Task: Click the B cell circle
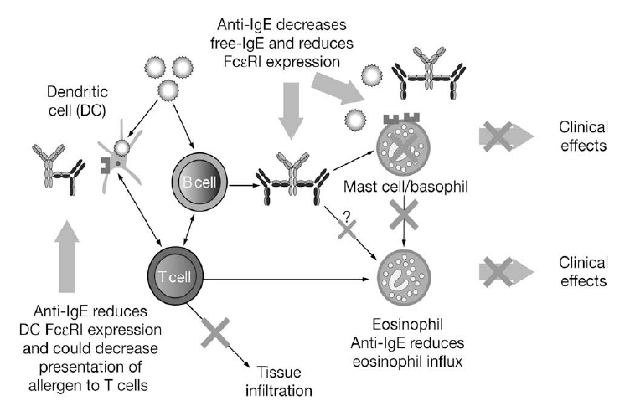pos(199,182)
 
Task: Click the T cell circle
pos(175,276)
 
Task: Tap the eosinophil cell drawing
pos(404,277)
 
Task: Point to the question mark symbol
pos(347,216)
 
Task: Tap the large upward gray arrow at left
pos(67,256)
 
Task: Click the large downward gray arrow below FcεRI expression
pos(291,110)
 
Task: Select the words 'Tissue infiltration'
pos(279,381)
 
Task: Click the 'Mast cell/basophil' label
pos(405,187)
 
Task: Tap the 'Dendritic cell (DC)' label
pos(77,100)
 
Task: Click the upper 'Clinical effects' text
pos(583,136)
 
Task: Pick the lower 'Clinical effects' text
pos(583,271)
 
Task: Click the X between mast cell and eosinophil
pos(404,215)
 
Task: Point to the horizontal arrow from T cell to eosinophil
pos(286,279)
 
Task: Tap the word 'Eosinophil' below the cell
pos(407,325)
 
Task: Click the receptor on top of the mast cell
pos(401,118)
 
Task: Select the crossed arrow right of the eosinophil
pos(506,272)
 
